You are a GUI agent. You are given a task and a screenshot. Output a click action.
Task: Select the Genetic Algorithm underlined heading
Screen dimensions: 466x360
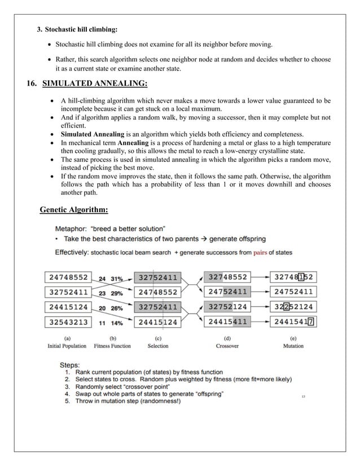point(74,210)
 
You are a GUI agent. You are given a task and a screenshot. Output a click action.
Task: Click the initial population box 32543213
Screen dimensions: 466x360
point(68,323)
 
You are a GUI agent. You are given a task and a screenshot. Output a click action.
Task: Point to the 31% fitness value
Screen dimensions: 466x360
point(116,278)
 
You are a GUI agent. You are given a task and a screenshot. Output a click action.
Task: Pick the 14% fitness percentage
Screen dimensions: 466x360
point(116,323)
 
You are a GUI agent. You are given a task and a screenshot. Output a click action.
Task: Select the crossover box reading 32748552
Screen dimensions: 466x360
point(227,278)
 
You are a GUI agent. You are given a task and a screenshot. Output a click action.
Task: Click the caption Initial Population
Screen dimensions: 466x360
point(67,346)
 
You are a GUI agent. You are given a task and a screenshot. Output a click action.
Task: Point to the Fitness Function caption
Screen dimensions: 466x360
point(112,346)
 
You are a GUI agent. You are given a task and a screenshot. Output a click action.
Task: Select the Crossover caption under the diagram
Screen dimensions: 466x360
point(227,346)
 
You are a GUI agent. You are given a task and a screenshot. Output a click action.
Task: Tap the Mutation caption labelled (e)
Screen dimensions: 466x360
point(293,346)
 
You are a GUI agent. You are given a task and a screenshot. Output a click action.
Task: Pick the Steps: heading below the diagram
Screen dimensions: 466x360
point(72,364)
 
